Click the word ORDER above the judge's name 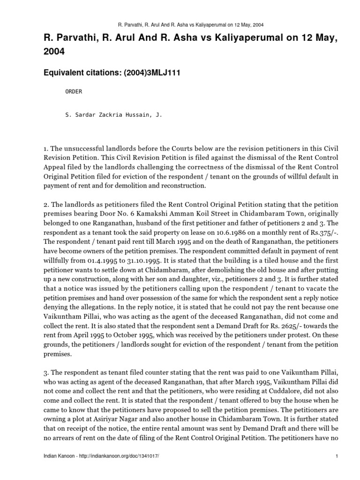[x=73, y=91]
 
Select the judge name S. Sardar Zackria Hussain [x=113, y=114]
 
